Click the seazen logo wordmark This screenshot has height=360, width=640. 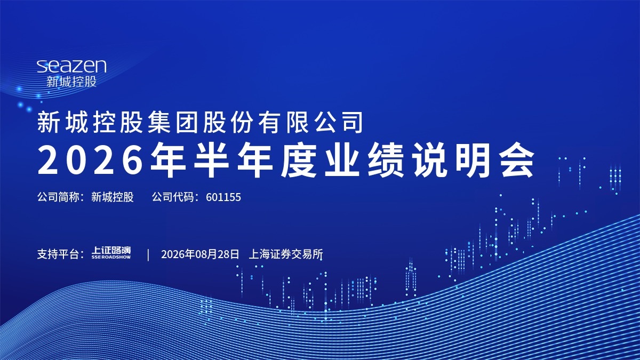(71, 66)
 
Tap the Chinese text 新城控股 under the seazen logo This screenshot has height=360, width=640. (71, 82)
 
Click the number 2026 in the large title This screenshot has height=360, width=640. (90, 160)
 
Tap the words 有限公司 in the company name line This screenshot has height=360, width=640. (311, 122)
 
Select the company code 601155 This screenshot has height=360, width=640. (223, 197)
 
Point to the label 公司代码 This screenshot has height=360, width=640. (173, 197)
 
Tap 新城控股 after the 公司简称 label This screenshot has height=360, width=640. (113, 197)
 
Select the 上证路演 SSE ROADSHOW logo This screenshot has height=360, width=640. (111, 253)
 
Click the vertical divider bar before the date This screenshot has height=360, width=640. (148, 254)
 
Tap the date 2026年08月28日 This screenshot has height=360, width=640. (200, 254)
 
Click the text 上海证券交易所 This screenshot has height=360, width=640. (286, 254)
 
